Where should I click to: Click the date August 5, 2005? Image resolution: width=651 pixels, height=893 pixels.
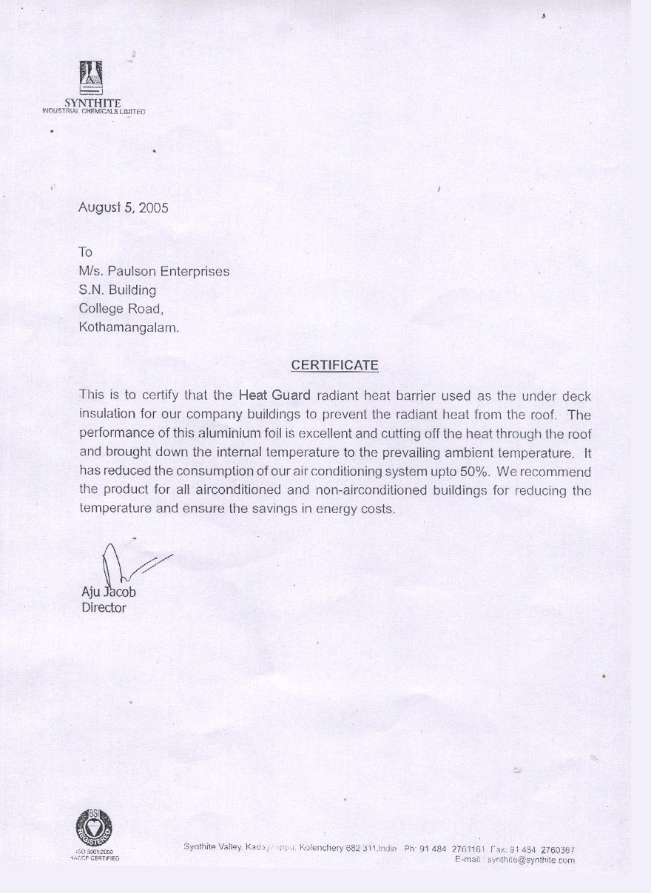point(124,208)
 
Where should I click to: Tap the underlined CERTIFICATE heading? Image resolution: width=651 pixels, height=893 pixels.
point(334,365)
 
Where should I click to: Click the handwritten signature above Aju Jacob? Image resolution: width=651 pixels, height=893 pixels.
point(126,566)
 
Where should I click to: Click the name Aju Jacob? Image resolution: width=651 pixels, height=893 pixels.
point(109,592)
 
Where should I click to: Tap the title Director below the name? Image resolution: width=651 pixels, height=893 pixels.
point(104,608)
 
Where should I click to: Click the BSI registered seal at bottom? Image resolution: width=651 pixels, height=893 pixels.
point(94,828)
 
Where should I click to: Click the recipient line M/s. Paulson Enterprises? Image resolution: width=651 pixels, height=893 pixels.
point(154,272)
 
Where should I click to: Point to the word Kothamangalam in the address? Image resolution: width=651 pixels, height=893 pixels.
point(129,327)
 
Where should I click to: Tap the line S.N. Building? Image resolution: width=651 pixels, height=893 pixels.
point(118,290)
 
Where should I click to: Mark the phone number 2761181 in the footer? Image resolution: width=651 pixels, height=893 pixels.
point(468,849)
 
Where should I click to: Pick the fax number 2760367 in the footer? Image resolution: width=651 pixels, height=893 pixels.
point(557,849)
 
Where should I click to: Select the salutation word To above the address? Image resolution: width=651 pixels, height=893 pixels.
point(85,252)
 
